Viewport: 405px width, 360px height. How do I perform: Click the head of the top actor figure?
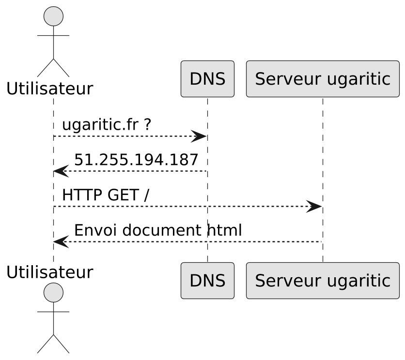[53, 17]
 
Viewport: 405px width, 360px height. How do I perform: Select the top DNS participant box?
[207, 79]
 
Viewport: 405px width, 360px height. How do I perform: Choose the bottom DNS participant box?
[207, 281]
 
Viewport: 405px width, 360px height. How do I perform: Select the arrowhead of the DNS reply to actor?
[60, 171]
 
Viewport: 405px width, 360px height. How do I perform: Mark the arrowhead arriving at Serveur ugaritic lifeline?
[315, 207]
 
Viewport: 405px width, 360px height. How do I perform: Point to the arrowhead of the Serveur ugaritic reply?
[60, 241]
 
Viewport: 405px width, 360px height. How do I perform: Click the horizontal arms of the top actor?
[53, 35]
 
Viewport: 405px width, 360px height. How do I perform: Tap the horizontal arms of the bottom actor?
[53, 312]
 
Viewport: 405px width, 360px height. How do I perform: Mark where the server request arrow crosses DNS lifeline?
[207, 207]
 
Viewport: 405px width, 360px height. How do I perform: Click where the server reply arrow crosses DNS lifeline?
[207, 241]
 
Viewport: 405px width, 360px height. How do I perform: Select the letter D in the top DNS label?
[195, 79]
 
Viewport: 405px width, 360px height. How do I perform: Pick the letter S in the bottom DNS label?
[220, 281]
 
